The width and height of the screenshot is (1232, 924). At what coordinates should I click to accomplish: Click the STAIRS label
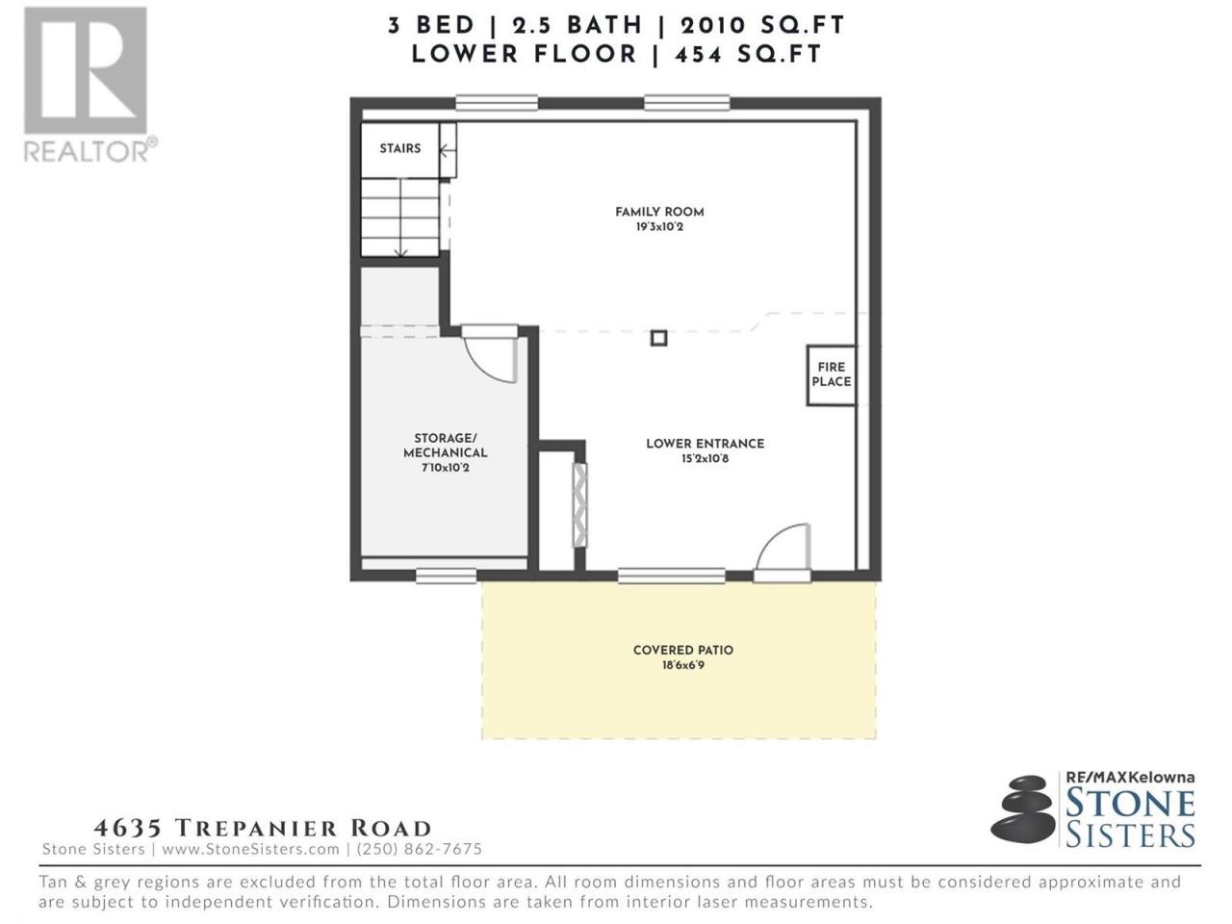(x=399, y=148)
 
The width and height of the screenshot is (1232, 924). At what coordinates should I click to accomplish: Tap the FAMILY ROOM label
(x=659, y=212)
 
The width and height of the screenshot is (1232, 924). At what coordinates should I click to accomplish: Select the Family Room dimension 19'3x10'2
(x=659, y=227)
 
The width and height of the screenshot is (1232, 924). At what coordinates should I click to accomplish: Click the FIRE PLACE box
(x=832, y=374)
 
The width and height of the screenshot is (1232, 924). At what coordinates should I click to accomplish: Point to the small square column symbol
(x=659, y=338)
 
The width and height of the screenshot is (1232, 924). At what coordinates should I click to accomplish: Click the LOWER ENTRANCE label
(x=705, y=444)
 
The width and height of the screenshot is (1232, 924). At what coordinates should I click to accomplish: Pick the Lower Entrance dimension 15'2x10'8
(x=705, y=459)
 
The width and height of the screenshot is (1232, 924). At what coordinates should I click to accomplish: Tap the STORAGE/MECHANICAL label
(x=445, y=446)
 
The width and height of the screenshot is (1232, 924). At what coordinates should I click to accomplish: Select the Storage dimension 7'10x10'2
(x=445, y=468)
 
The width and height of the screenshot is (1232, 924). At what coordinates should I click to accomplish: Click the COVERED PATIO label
(x=683, y=651)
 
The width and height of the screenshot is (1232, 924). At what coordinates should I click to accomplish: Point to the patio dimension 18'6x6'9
(x=683, y=665)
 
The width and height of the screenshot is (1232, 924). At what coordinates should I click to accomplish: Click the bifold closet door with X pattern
(x=579, y=505)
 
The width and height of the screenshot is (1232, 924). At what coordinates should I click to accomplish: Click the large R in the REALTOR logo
(x=86, y=70)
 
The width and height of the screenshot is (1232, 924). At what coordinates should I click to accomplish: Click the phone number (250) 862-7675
(x=420, y=849)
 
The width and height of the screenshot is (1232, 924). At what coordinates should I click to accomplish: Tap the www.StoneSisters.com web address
(x=251, y=849)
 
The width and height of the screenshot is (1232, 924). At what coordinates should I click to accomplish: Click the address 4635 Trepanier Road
(x=263, y=828)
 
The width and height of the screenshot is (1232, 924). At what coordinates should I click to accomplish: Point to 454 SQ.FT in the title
(x=748, y=55)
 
